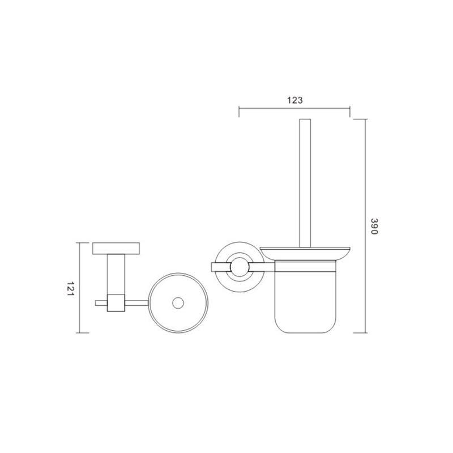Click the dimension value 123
[294, 100]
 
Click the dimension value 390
[374, 226]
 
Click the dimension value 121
[70, 288]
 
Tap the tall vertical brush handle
[305, 183]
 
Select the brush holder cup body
[305, 297]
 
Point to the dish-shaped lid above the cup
[305, 253]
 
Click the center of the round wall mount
[240, 267]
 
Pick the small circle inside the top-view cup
[178, 303]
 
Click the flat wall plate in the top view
[116, 249]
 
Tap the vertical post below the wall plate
[116, 275]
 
